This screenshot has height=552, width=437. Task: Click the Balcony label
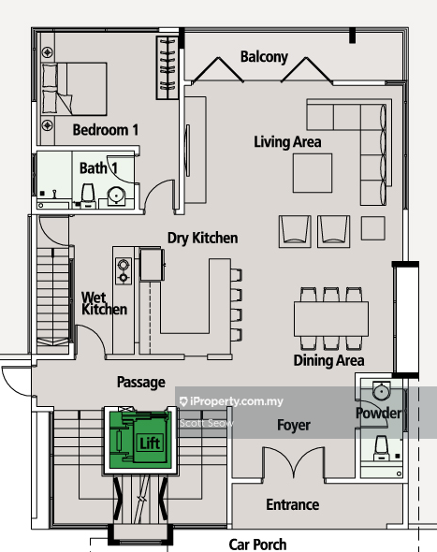pos(264,57)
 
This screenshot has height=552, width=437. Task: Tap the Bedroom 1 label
pos(106,130)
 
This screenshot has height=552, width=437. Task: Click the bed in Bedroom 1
pos(74,89)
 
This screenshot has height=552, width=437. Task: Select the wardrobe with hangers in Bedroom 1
pos(167,67)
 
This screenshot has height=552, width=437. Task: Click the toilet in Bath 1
pos(88,195)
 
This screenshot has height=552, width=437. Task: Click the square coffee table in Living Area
pos(313,173)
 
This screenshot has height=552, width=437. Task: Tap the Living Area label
pos(287,142)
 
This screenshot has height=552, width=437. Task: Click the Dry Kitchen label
pos(202,238)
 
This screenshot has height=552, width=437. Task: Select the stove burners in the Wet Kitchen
pos(124,270)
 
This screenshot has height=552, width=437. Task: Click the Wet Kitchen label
pos(104,303)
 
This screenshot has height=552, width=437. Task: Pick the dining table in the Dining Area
pos(331,319)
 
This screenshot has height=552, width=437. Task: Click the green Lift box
pos(141,440)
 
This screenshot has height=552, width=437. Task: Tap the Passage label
pos(141,383)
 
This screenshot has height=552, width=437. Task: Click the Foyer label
pos(294,426)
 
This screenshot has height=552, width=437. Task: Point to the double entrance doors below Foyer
pos(293,462)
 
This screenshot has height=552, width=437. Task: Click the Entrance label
pos(293,505)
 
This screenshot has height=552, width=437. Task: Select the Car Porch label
pos(257,545)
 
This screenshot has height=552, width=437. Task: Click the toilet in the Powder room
pos(382,448)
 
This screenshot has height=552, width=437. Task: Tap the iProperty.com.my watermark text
pos(231,401)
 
